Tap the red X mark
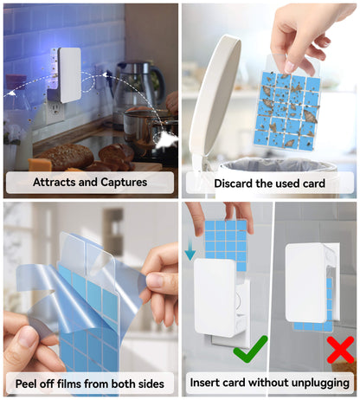coord(340,350)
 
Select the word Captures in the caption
coord(124,182)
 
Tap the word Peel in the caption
coord(26,384)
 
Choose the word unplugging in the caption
coord(320,384)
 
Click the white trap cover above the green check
coord(215,297)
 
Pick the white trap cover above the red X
coord(305,282)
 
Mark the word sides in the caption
coord(151,384)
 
